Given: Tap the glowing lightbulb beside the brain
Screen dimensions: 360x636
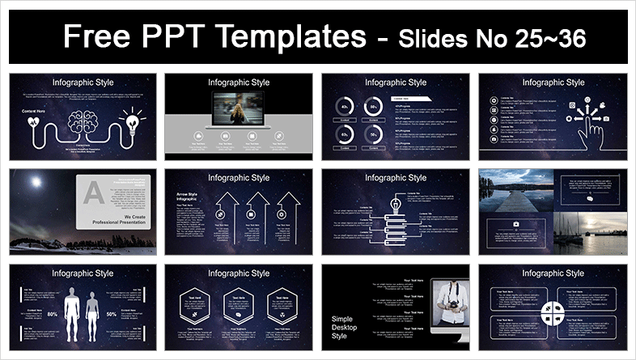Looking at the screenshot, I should pos(130,123).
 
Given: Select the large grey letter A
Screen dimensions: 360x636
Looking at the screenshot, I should pos(94,192).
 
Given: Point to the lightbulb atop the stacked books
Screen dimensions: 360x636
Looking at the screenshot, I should pos(396,205).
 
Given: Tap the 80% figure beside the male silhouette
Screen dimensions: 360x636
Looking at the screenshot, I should pos(52,313).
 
